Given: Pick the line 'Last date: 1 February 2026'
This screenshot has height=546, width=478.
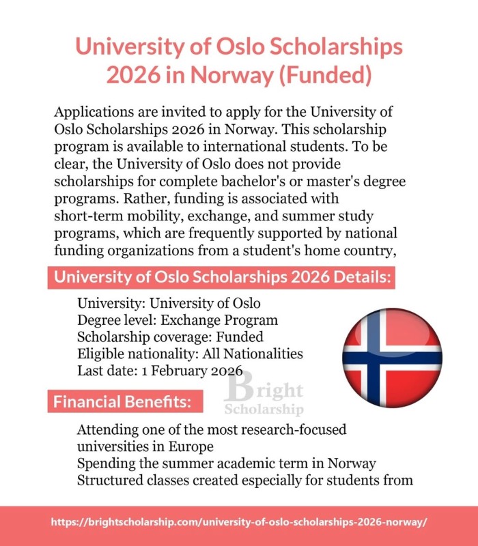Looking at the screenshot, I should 160,371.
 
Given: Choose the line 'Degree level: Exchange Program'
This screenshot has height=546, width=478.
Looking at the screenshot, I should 178,320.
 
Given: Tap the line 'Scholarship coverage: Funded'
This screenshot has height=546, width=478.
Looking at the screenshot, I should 170,337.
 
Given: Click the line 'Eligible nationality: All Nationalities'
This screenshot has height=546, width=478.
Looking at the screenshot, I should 190,354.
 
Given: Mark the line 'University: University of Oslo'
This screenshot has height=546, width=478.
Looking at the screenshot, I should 169,303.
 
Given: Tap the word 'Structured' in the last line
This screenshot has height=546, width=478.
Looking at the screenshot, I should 109,480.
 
